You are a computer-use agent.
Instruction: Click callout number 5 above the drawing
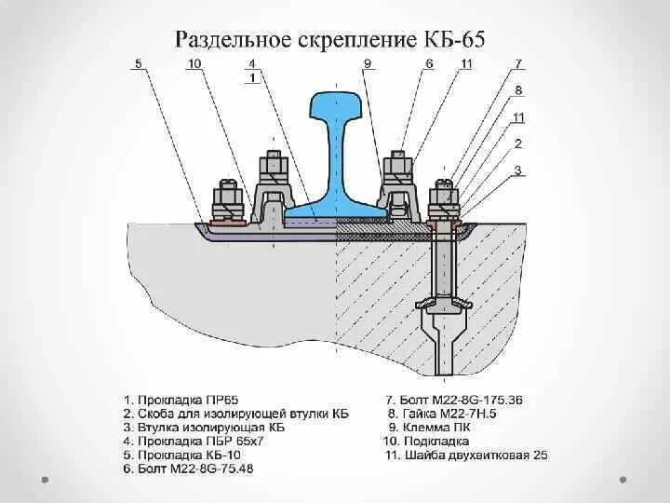138,63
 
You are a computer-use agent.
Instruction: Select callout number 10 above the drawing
194,63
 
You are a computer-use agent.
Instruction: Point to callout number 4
251,63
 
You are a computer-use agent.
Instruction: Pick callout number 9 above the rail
368,63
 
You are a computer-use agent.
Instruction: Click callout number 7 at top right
518,63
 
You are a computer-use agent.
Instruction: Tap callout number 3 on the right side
518,170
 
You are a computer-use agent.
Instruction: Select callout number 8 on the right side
518,90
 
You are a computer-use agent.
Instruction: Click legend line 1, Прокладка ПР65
187,400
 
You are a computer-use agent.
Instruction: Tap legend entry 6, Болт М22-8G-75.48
201,469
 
